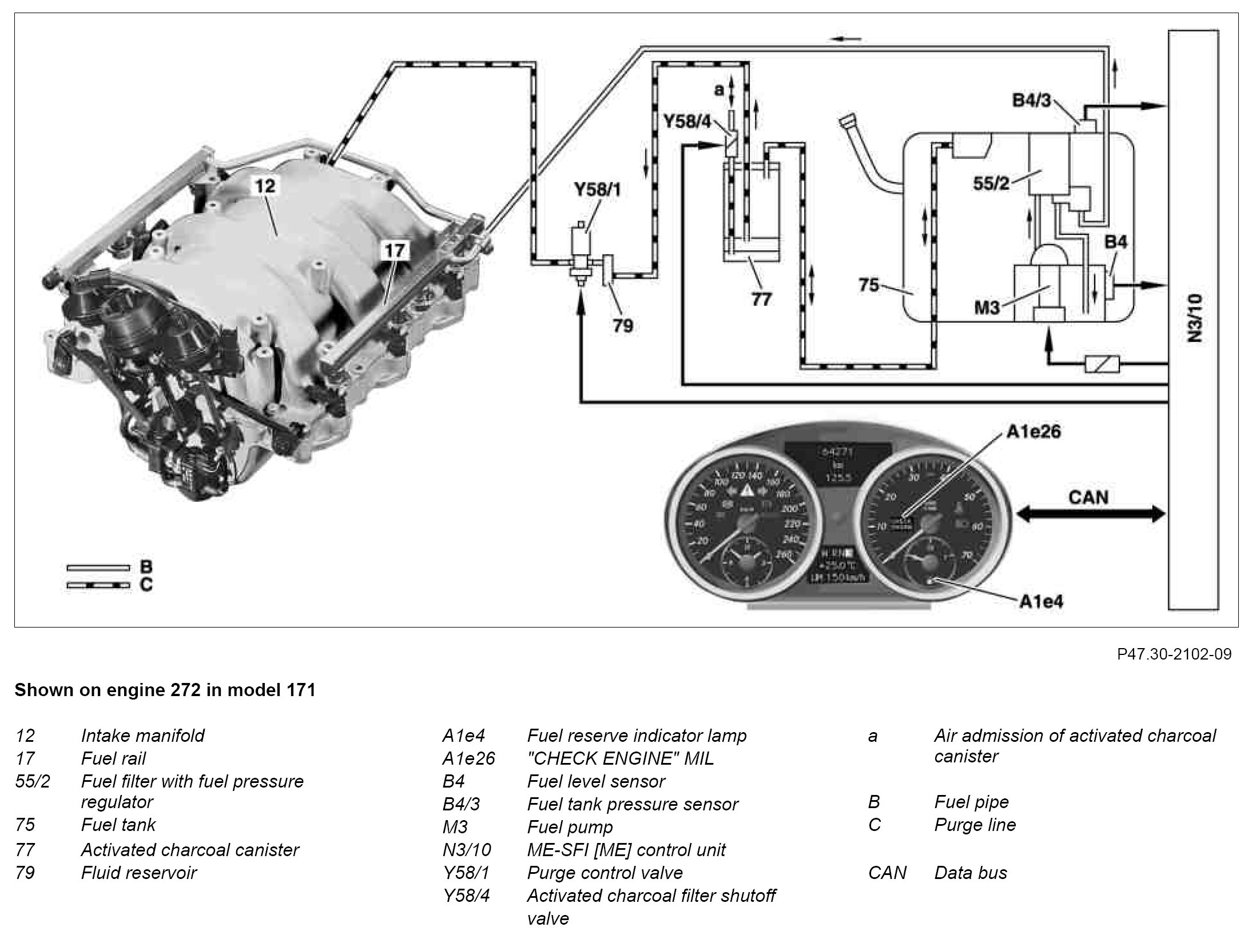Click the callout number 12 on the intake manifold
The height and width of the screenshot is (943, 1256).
(266, 186)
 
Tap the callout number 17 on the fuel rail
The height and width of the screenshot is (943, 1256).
(394, 250)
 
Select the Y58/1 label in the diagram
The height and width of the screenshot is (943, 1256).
(598, 190)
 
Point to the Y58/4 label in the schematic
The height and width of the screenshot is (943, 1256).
(686, 121)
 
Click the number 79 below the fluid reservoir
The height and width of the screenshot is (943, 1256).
(623, 325)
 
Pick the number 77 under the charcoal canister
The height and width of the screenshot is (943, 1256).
(761, 298)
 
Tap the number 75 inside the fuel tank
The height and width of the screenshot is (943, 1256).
(869, 285)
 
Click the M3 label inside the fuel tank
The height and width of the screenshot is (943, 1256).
(987, 307)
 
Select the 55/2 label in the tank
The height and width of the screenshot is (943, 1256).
(991, 185)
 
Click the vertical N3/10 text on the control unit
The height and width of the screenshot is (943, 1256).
(1195, 318)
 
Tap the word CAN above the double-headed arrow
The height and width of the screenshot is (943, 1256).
(1088, 497)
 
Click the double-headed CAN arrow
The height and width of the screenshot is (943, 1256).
(1090, 515)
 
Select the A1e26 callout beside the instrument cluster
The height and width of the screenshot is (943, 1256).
(1033, 431)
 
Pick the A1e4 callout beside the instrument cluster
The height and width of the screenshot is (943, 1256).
(1041, 601)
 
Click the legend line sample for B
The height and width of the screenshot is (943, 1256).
(98, 568)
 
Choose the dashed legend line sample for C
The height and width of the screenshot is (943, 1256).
(98, 585)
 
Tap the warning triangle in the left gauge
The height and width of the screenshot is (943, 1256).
(746, 491)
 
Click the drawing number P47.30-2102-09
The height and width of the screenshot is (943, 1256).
(1174, 654)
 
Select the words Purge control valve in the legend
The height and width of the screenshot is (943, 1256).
(605, 873)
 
